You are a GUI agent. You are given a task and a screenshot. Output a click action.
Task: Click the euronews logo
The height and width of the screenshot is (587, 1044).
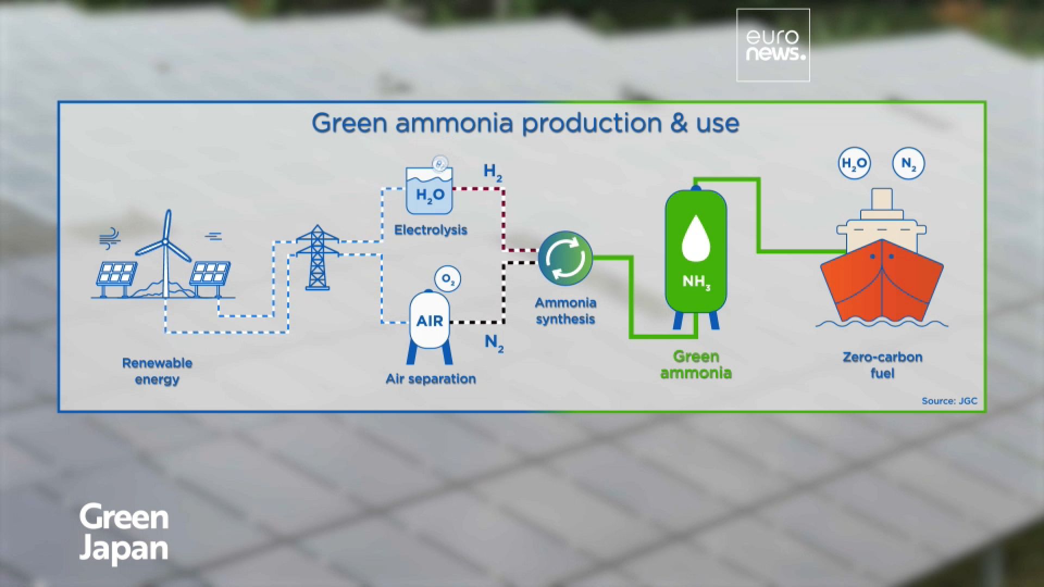773,45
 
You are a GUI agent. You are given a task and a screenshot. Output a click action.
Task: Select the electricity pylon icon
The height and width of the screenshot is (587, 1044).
318,258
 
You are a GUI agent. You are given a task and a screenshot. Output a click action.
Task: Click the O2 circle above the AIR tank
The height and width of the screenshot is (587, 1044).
448,279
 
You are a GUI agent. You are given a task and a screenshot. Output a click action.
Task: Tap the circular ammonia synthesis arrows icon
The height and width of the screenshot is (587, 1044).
565,258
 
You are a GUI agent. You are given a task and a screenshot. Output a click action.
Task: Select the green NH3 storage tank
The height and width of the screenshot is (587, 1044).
696,255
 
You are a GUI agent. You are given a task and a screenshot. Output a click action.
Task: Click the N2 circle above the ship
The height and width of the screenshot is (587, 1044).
908,164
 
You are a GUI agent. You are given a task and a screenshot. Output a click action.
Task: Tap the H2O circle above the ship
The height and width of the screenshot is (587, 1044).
854,164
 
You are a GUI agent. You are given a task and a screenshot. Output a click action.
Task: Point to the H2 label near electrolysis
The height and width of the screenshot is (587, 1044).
493,172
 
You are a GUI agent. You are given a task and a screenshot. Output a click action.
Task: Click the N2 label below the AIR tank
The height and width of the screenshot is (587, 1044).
494,344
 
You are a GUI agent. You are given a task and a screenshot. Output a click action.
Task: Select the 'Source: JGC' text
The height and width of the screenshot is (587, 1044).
949,401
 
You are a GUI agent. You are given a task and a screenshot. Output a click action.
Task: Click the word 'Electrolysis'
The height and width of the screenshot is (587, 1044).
431,230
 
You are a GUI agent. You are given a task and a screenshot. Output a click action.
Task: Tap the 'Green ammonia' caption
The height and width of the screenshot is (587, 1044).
696,365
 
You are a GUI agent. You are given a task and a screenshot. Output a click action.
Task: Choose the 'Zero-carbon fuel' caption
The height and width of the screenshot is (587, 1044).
882,365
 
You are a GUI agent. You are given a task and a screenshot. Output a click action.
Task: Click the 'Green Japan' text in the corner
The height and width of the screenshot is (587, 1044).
124,533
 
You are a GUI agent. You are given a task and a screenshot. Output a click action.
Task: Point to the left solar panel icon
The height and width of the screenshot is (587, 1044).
116,273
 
